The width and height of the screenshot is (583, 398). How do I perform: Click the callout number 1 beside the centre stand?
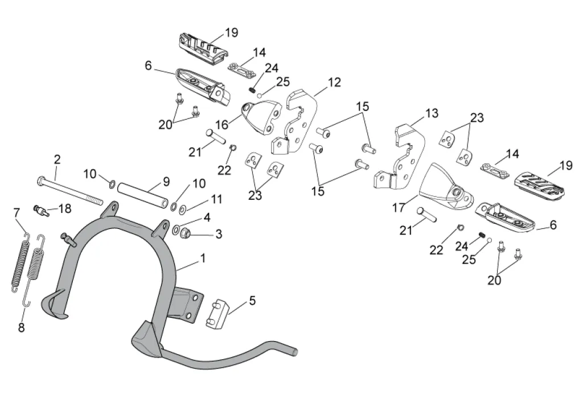202,258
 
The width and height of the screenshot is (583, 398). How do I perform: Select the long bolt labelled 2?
68,191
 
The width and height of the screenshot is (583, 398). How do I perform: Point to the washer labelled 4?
177,231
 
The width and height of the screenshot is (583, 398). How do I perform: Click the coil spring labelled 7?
20,261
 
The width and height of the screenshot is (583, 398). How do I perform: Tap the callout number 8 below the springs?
21,327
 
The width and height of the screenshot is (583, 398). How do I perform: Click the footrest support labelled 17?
447,187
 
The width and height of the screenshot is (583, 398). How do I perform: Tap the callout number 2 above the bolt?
57,159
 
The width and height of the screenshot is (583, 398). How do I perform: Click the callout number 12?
334,83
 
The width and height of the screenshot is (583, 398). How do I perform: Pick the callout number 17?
399,208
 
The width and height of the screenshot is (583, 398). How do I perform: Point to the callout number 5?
253,300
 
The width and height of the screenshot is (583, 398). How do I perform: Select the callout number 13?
432,113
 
